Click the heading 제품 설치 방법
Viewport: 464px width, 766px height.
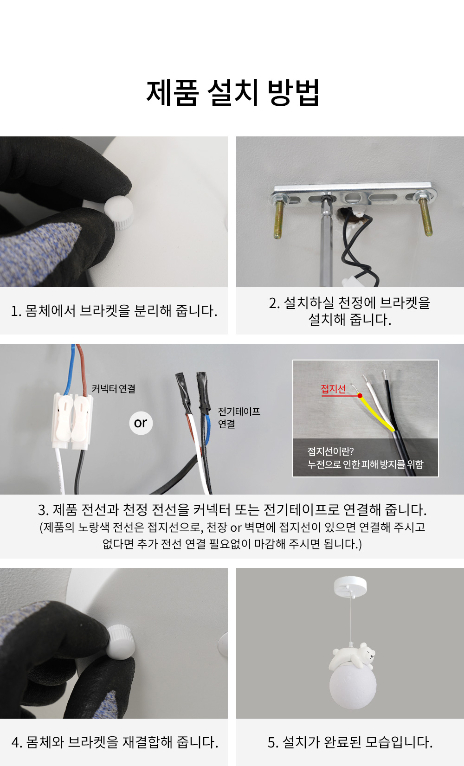[232, 93]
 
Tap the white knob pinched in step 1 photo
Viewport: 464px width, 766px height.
[119, 212]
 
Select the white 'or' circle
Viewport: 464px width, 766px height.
[141, 423]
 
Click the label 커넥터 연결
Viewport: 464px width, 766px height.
[114, 389]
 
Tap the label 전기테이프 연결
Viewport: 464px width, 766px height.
[239, 418]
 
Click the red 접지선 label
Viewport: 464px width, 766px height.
[333, 389]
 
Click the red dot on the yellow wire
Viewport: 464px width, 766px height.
[360, 396]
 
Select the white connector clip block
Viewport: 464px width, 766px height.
[72, 421]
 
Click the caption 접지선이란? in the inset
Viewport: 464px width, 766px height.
[330, 451]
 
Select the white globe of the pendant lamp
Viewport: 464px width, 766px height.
[353, 684]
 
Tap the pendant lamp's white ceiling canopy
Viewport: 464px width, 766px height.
[350, 586]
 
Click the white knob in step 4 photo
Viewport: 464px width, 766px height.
[121, 642]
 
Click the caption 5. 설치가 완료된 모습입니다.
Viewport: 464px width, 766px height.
[350, 742]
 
